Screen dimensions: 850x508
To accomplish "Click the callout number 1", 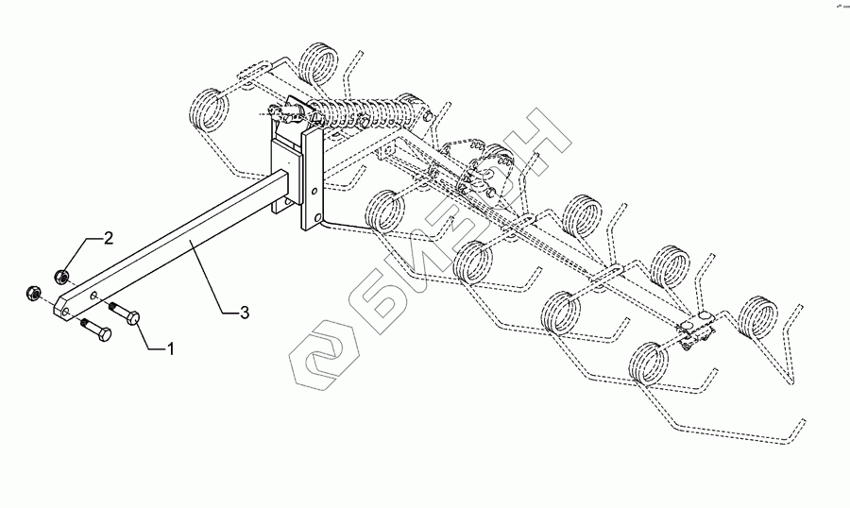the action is pyautogui.click(x=170, y=349).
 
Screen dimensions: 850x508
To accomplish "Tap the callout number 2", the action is pyautogui.click(x=109, y=237).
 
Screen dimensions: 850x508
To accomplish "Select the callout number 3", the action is pyautogui.click(x=245, y=313).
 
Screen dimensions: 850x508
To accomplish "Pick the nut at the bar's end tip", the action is pyautogui.click(x=31, y=294).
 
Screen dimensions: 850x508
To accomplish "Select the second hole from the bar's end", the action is pyautogui.click(x=94, y=295).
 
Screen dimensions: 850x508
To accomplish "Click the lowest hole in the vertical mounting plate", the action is pyautogui.click(x=308, y=220).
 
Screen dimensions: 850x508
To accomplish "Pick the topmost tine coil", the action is pyautogui.click(x=318, y=64).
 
